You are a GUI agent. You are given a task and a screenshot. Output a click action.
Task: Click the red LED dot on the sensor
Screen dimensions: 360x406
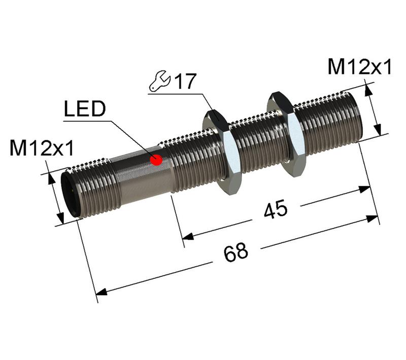157,160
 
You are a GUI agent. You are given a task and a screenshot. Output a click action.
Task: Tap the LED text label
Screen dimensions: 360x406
85,109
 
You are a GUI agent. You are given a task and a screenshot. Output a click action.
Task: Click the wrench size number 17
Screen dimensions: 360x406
185,82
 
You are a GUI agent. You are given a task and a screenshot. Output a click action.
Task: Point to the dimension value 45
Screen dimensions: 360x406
276,208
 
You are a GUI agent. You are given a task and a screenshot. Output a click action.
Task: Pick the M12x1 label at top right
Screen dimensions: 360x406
359,67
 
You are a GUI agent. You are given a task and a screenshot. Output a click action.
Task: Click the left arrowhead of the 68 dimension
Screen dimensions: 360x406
102,293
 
